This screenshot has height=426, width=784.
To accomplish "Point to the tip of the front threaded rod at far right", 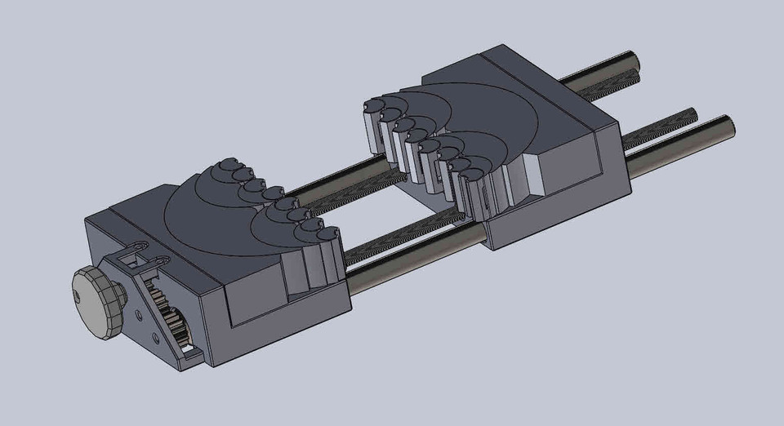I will tap(692, 115).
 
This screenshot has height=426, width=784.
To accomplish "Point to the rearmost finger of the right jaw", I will tap(372, 122).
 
